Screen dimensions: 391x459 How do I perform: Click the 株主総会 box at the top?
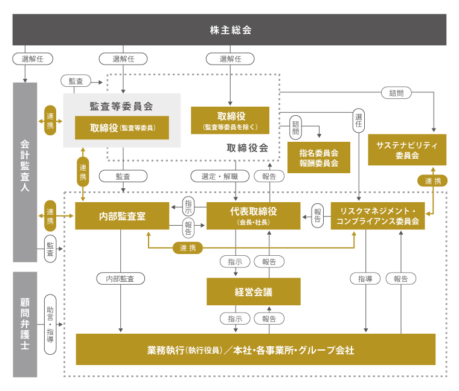tap(230, 30)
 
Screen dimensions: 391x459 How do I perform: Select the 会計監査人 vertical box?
tap(25, 172)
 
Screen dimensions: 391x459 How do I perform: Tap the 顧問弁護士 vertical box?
tap(25, 324)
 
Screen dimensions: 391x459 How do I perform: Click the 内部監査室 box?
tap(122, 216)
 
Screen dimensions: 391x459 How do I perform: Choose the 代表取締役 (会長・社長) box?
tap(253, 216)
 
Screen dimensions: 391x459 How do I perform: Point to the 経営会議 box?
tap(253, 292)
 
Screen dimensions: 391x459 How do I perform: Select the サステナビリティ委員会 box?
tap(406, 150)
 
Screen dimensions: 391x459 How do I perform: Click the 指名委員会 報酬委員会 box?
tap(318, 158)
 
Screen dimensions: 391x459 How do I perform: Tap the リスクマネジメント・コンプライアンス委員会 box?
tap(377, 216)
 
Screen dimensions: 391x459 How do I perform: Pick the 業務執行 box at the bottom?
tap(255, 350)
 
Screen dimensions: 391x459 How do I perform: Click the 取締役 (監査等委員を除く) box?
tap(230, 120)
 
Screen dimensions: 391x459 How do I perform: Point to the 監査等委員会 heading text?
tap(121, 106)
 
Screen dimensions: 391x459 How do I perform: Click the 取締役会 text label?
tap(247, 148)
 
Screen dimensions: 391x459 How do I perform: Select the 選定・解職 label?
tap(214, 176)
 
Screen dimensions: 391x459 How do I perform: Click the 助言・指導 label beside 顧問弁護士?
tap(50, 324)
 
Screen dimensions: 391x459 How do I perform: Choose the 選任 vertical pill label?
tap(359, 122)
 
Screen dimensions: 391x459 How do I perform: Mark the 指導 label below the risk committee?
tap(365, 279)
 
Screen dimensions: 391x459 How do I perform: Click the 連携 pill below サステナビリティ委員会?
tap(432, 181)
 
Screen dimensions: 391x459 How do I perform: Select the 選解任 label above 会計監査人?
tap(33, 59)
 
